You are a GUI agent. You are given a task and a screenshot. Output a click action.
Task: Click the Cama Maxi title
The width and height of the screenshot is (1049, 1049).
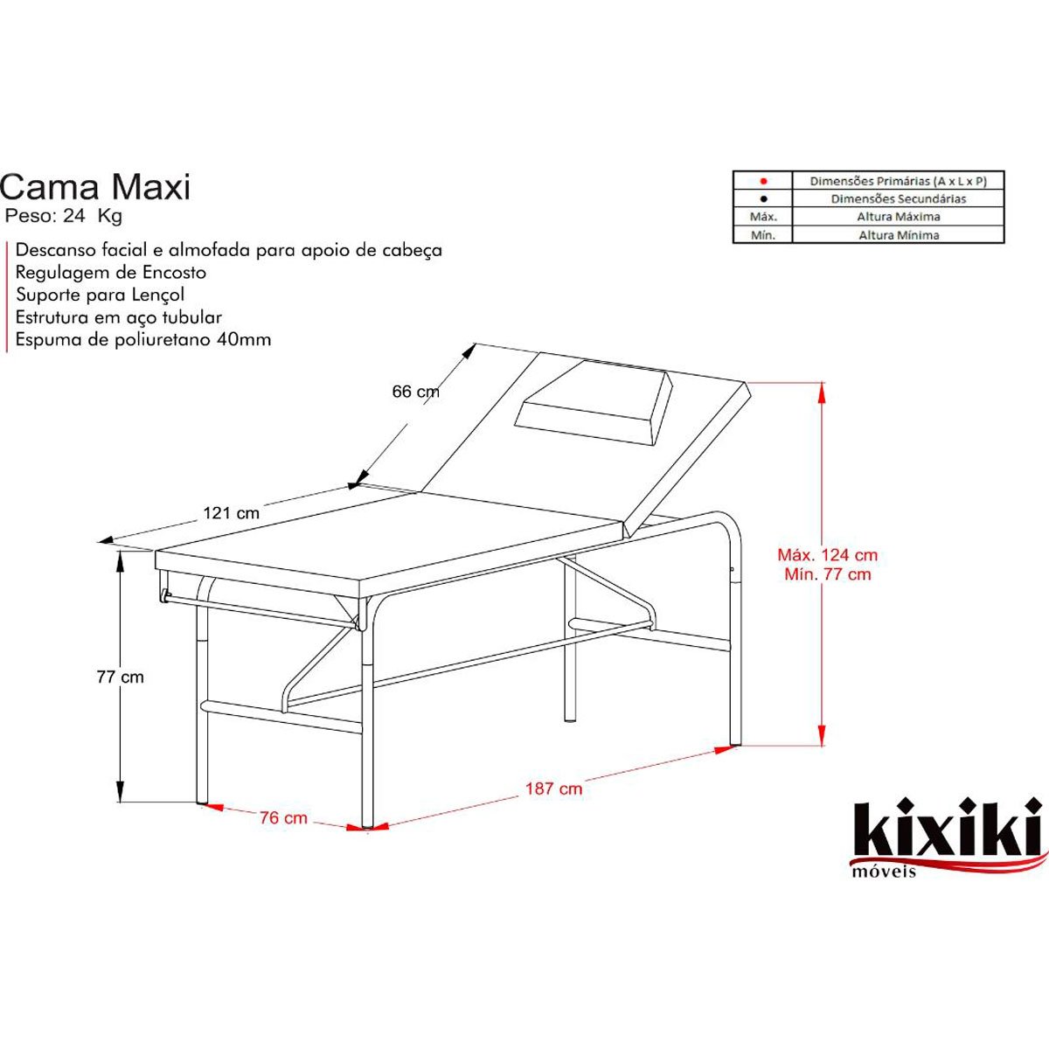94,186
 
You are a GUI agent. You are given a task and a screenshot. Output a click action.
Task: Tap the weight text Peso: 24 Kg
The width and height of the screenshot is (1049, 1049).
64,216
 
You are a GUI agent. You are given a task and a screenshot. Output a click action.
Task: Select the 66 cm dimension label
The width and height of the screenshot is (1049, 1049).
415,392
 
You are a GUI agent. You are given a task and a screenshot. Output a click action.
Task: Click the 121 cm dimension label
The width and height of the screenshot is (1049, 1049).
232,513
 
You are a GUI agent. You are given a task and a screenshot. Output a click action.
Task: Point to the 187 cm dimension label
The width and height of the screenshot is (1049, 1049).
553,788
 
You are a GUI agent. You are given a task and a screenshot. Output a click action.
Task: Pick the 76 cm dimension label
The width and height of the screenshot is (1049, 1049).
283,818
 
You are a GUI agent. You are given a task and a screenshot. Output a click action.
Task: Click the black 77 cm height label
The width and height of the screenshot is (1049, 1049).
121,677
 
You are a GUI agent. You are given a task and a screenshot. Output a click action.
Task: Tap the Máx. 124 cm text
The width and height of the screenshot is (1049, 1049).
827,554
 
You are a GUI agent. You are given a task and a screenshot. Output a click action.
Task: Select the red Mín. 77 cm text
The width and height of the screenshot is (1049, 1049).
827,574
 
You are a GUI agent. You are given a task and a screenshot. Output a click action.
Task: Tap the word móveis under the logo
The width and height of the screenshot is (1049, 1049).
883,871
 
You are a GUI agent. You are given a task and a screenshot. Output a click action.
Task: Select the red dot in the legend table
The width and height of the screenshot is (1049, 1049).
763,181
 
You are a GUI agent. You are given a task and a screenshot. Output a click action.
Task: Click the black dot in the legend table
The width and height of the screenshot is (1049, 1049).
763,198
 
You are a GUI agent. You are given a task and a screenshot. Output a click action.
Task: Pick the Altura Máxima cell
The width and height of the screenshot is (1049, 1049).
898,216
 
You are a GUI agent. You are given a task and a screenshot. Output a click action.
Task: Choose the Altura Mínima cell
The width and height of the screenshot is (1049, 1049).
898,234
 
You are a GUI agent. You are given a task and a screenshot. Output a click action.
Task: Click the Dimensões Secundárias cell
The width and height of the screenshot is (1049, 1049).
898,198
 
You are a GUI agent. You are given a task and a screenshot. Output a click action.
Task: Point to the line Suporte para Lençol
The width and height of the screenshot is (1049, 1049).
100,295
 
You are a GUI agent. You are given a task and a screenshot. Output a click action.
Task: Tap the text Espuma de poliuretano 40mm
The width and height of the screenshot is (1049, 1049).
143,340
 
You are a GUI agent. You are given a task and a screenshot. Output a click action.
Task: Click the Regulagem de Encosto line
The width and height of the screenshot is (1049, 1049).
111,272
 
